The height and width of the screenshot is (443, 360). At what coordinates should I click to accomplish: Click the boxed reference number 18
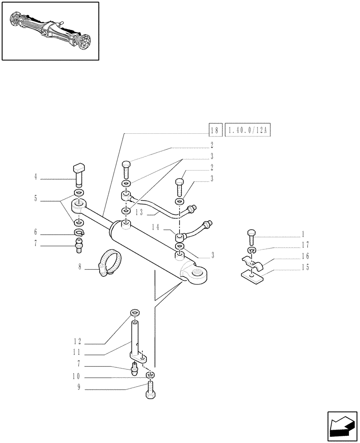point(215,131)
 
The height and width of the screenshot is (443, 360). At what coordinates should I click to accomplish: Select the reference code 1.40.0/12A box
point(248,131)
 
